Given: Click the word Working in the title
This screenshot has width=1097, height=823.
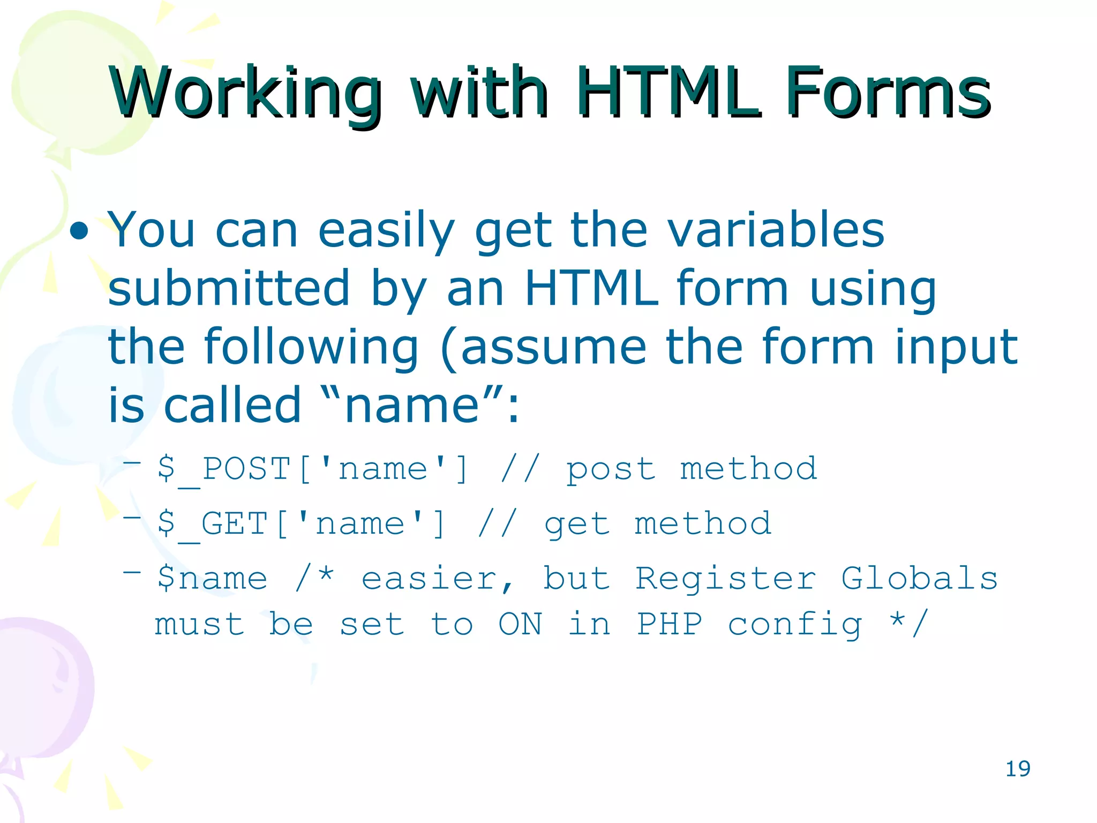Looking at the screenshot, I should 244,92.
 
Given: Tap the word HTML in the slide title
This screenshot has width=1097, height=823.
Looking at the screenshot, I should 667,92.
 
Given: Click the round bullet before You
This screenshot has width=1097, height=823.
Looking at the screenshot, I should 79,231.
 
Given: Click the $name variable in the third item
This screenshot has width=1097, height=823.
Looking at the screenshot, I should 212,579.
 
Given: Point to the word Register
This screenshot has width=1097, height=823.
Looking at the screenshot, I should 725,579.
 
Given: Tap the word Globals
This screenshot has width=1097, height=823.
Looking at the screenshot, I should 919,579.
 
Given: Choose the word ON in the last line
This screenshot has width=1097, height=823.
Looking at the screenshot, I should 520,624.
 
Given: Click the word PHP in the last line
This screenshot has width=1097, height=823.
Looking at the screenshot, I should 669,624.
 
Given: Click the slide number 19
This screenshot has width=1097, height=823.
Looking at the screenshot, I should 1017,769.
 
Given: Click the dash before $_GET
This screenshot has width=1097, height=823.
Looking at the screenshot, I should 132,518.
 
